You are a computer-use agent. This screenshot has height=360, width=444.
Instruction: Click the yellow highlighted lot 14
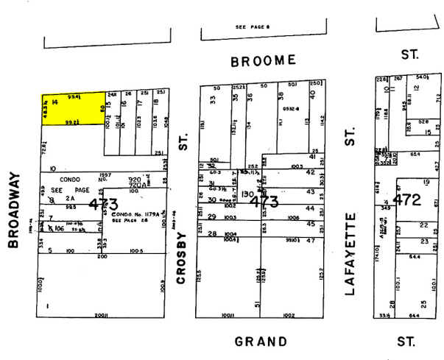click(71, 108)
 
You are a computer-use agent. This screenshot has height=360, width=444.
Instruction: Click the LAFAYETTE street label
click(350, 254)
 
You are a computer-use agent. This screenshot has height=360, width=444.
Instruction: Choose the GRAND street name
click(261, 341)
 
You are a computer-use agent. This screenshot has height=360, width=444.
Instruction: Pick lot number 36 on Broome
click(250, 97)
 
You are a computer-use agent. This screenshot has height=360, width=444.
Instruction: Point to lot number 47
click(310, 241)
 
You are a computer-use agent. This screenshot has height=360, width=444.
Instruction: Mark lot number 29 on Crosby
click(212, 216)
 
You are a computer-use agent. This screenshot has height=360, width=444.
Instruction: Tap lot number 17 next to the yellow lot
click(140, 102)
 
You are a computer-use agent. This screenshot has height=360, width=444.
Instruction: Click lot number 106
click(60, 228)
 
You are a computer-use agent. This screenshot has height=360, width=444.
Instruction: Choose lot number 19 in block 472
click(426, 181)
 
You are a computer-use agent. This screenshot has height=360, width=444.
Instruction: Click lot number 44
click(310, 209)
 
